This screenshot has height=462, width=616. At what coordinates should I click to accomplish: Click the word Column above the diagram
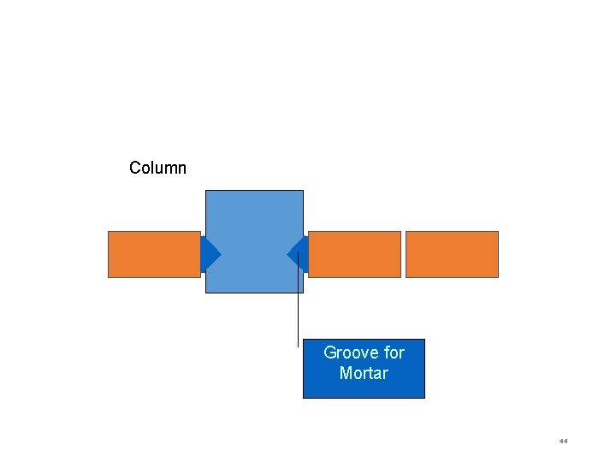pos(157,168)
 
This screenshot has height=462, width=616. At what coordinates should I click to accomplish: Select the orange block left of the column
pos(154,254)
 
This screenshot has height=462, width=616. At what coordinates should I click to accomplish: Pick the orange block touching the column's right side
pos(354,254)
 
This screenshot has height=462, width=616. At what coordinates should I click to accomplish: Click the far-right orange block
pos(452,254)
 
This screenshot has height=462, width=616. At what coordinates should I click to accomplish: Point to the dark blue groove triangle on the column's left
pos(210,254)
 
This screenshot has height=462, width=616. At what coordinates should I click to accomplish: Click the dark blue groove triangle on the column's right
pos(296,254)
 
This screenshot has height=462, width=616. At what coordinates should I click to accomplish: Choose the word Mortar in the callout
pos(364,373)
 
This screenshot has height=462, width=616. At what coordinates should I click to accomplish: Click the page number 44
pos(563,441)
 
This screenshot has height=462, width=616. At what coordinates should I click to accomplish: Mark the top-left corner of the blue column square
pos(206,191)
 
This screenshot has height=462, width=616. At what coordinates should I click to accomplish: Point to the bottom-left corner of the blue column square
pos(206,293)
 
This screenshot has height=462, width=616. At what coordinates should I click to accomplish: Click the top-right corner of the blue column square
pos(303,191)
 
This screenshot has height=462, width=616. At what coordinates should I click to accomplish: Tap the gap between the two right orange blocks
pos(403,254)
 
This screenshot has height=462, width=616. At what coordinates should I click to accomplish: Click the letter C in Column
pos(135,168)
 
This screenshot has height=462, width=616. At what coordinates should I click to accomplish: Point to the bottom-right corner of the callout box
pos(424,398)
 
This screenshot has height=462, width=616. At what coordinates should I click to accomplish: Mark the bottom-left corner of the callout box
pos(304,398)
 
